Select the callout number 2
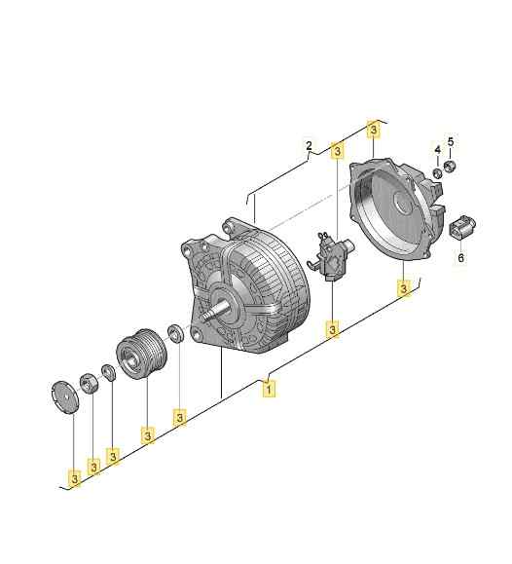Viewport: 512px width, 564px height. (x=309, y=148)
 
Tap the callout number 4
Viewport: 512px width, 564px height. (x=437, y=149)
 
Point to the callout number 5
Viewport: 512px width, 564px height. (x=451, y=143)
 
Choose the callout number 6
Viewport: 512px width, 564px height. (x=461, y=258)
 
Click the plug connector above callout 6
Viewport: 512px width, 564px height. (x=460, y=227)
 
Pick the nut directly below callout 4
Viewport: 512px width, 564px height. (x=437, y=172)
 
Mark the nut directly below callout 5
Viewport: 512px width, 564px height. (x=451, y=168)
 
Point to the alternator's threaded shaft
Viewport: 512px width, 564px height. (x=212, y=318)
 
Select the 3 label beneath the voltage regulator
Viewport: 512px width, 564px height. (x=333, y=331)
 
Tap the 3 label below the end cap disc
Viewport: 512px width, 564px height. (x=74, y=478)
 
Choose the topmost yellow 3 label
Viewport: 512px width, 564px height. (x=372, y=128)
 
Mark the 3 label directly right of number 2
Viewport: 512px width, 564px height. (x=337, y=151)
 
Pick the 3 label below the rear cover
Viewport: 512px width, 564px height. (x=403, y=288)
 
